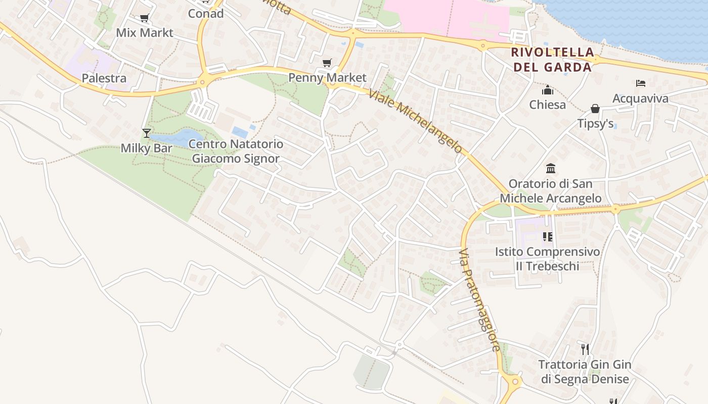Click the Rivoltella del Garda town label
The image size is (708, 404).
(552, 60)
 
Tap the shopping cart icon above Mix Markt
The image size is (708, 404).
(144, 18)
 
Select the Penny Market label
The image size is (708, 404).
(327, 78)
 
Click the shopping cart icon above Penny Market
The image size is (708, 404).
(327, 63)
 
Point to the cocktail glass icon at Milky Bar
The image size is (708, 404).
(147, 133)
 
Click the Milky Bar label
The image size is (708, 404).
(146, 148)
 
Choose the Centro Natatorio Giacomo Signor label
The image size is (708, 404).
(236, 151)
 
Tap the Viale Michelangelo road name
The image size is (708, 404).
(415, 121)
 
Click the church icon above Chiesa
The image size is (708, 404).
(547, 90)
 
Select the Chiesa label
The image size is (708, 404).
(547, 105)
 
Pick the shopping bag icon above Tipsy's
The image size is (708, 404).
(595, 109)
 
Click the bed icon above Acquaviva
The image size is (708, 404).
(640, 83)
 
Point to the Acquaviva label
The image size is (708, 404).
(640, 98)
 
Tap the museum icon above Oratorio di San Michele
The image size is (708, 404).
(551, 168)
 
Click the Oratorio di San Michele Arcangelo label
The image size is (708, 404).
(551, 191)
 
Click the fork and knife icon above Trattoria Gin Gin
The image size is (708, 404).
(585, 349)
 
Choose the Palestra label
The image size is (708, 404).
(104, 78)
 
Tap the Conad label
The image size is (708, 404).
(206, 14)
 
